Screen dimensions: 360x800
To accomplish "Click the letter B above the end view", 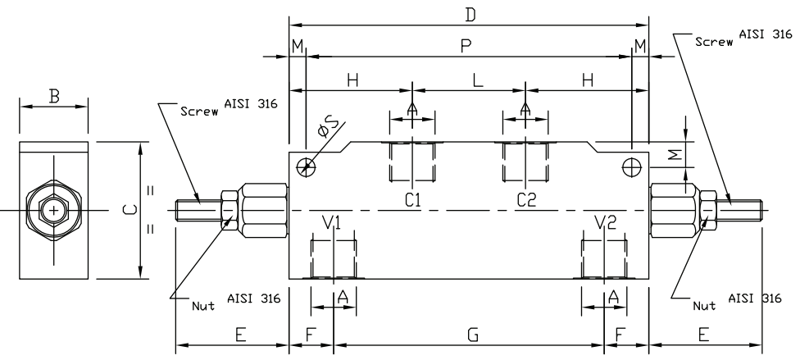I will [54, 96].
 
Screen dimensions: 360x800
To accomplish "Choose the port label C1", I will [412, 199].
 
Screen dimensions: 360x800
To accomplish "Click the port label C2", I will [525, 199].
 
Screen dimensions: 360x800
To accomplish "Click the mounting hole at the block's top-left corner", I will [307, 166].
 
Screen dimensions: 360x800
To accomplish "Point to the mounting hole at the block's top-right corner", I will [631, 166].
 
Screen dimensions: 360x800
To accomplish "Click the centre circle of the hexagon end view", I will [54, 211].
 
